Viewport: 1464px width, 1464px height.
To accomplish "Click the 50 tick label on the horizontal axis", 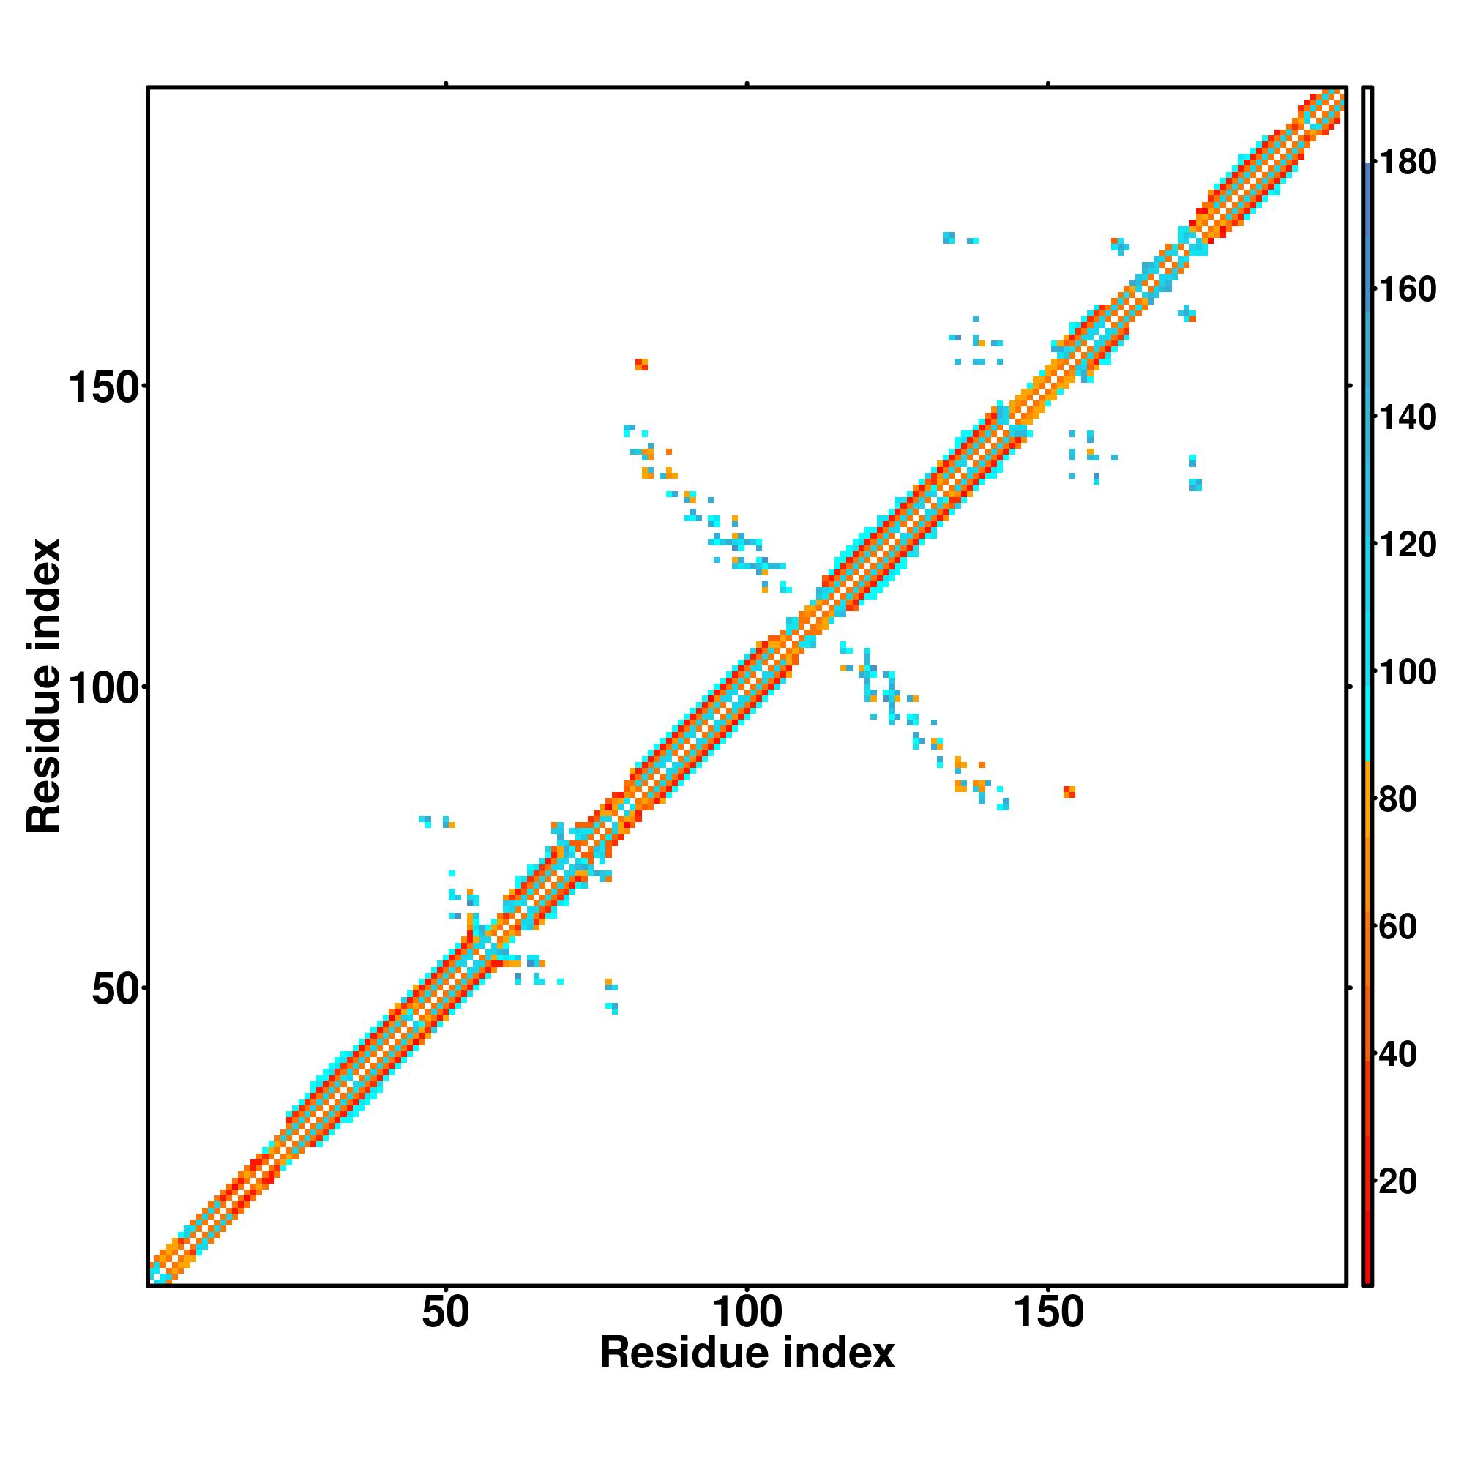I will pos(446,1313).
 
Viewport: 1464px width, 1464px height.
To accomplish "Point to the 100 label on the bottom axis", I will pos(747,1313).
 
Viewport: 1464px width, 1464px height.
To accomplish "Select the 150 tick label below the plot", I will pos(1048,1313).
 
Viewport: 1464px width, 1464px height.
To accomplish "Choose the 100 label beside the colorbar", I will pos(1407,673).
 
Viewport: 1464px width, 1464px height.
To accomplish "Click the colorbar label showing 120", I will pos(1407,545).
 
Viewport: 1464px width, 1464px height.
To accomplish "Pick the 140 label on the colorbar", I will pos(1407,417).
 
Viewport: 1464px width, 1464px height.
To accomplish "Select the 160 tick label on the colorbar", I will pos(1407,290).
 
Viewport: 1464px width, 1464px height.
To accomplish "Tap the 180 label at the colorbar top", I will pos(1407,163).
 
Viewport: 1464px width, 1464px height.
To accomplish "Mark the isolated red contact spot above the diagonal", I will pos(642,365).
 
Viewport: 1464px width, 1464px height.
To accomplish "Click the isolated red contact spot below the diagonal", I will pos(1069,792).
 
